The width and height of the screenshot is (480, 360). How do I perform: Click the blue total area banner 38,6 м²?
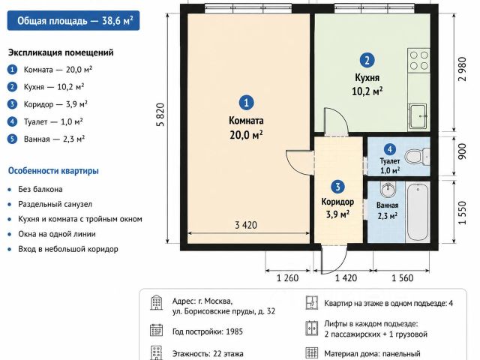click(x=73, y=21)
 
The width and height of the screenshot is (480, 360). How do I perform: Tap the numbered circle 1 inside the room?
click(x=247, y=103)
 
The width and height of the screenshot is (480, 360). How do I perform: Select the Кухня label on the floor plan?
click(x=367, y=77)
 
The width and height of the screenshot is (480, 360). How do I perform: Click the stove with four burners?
click(x=418, y=60)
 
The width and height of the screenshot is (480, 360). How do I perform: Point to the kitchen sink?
click(x=418, y=116)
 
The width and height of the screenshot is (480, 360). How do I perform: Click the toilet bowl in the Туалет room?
click(x=417, y=157)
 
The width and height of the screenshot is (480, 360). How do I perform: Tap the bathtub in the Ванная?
click(x=418, y=211)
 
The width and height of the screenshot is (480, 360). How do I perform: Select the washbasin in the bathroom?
click(x=388, y=189)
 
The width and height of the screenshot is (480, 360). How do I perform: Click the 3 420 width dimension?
click(x=246, y=225)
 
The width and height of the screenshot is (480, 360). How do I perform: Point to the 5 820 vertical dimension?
click(x=160, y=115)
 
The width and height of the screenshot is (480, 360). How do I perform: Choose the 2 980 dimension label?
click(x=462, y=69)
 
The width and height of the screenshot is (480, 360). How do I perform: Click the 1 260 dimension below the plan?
click(x=287, y=278)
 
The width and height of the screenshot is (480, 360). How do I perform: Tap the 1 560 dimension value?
click(x=403, y=278)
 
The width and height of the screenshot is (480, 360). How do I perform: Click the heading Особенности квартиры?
click(x=53, y=170)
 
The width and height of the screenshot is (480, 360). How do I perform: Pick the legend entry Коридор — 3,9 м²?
click(x=55, y=104)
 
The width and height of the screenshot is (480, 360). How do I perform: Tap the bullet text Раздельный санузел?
click(x=55, y=204)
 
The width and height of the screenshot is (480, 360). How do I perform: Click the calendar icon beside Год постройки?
click(x=157, y=330)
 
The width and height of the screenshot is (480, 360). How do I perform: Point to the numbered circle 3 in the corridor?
click(x=337, y=187)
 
